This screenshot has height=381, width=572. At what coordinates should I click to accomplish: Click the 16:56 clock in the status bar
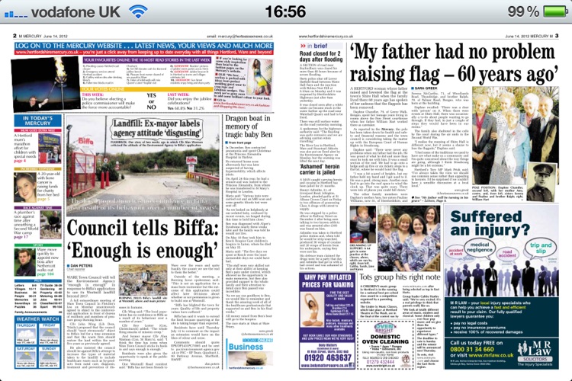[284, 12]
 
